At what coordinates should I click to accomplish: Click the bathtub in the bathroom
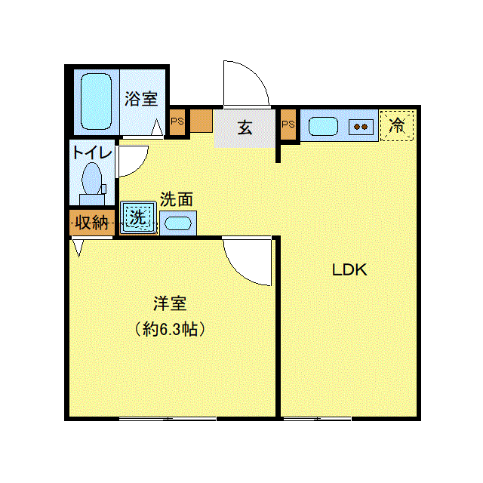click(96, 101)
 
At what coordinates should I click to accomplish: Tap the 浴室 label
click(141, 99)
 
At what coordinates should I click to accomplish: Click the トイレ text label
click(92, 152)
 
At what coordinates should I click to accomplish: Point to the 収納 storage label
click(92, 222)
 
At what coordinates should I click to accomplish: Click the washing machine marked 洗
click(138, 217)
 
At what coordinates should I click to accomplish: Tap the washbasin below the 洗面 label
click(178, 223)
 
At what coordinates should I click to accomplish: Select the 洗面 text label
click(177, 199)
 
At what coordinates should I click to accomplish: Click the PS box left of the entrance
click(177, 122)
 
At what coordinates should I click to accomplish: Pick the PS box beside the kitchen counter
click(288, 124)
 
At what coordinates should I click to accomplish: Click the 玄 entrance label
click(245, 128)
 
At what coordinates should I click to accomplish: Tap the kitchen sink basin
click(323, 126)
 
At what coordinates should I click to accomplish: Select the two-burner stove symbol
click(361, 127)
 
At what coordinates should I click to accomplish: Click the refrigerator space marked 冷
click(397, 125)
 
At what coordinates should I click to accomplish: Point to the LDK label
click(349, 270)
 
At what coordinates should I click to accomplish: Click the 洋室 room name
click(170, 303)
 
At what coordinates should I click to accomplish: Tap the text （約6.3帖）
click(170, 329)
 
